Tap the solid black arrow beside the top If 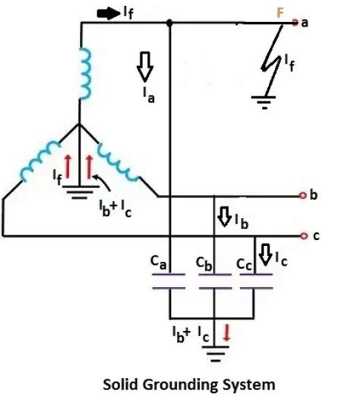(x=106, y=13)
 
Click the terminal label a (x=305, y=22)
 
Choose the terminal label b (x=313, y=194)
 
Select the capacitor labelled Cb (x=215, y=282)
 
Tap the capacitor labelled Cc (x=257, y=282)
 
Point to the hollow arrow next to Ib (x=225, y=217)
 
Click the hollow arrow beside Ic (x=266, y=252)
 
